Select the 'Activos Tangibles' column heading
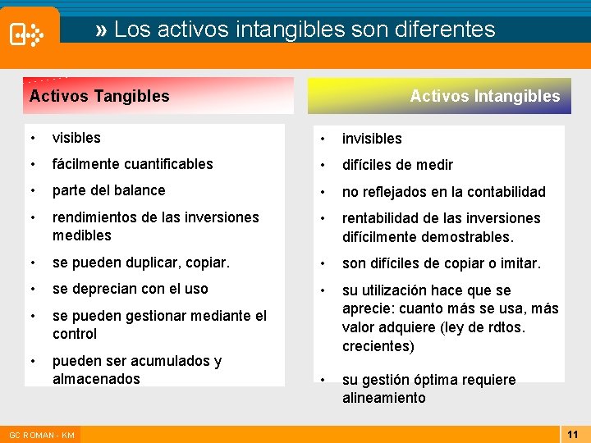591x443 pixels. click(x=99, y=96)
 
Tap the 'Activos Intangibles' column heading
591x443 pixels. click(x=484, y=96)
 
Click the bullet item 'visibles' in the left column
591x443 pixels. click(x=76, y=138)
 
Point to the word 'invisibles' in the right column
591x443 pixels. click(x=372, y=139)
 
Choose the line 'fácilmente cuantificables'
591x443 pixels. click(x=132, y=164)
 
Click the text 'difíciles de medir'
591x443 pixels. click(x=397, y=165)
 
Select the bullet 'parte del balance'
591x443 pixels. click(x=108, y=190)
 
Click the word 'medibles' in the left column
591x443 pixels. click(x=81, y=235)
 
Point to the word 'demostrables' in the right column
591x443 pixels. click(x=470, y=237)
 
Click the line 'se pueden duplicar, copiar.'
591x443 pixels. click(x=140, y=263)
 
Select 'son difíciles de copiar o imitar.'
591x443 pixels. click(x=441, y=263)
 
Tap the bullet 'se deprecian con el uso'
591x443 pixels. click(x=130, y=289)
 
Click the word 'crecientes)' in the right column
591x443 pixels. click(x=378, y=346)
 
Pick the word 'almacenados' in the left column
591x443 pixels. click(x=96, y=379)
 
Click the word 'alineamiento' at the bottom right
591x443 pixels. click(x=383, y=398)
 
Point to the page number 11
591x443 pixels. click(x=573, y=434)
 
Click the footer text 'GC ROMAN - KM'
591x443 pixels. click(x=40, y=435)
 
